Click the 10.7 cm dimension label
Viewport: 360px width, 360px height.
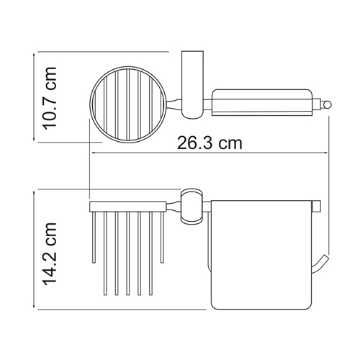[50, 98]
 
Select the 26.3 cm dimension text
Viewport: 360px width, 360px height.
[210, 143]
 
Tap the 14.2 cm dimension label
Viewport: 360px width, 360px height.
[50, 254]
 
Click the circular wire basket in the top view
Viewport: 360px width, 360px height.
[91, 104]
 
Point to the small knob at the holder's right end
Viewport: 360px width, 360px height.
[327, 105]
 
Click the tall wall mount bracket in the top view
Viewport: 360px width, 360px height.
[192, 85]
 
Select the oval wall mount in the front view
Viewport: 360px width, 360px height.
[192, 206]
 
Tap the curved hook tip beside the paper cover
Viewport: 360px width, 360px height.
[322, 264]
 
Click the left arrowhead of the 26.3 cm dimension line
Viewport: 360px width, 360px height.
[93, 153]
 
